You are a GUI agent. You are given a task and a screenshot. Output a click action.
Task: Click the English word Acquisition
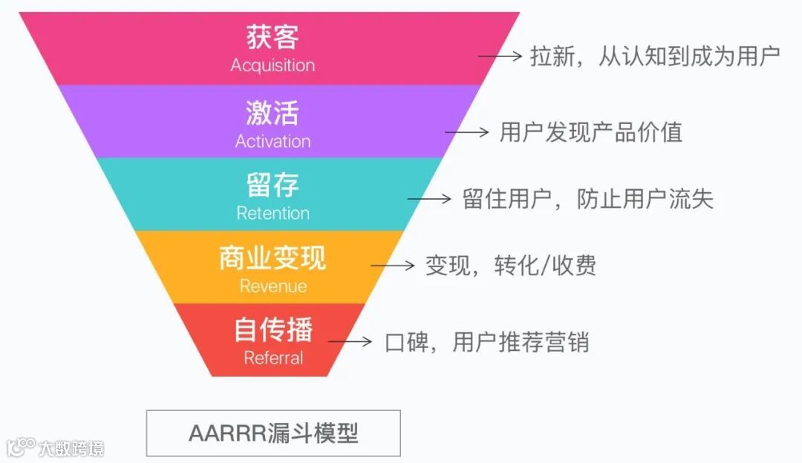[272, 65]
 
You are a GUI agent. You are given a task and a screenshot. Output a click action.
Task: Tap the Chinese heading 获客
[272, 38]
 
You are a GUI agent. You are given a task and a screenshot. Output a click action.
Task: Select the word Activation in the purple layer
[273, 141]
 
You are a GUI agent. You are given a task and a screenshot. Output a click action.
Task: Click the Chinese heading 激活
[272, 113]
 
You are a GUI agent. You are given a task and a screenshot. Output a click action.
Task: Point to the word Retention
[273, 213]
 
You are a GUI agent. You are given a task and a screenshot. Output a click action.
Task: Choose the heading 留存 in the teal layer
[272, 185]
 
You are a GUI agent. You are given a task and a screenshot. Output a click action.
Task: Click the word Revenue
[273, 286]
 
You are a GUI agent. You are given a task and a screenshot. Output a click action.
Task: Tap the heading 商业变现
[272, 258]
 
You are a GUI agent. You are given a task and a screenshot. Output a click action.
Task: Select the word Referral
[273, 358]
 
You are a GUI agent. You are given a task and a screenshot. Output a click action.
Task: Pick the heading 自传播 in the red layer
[273, 330]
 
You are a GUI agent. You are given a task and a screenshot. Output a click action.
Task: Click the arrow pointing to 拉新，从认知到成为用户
[501, 56]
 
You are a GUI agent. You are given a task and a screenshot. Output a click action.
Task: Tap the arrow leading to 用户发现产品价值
[467, 132]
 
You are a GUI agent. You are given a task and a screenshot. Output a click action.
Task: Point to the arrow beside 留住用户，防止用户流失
[429, 199]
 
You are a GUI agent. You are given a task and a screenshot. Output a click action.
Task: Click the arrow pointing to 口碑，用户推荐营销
[350, 341]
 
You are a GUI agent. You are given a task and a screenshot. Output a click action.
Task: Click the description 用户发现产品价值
[590, 132]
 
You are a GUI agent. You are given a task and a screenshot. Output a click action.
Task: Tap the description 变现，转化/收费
[510, 265]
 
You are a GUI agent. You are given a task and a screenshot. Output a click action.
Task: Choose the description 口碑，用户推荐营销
[486, 342]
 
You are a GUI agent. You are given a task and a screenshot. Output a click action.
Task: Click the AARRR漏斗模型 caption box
[273, 433]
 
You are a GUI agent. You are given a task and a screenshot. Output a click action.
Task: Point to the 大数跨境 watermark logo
[55, 447]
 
